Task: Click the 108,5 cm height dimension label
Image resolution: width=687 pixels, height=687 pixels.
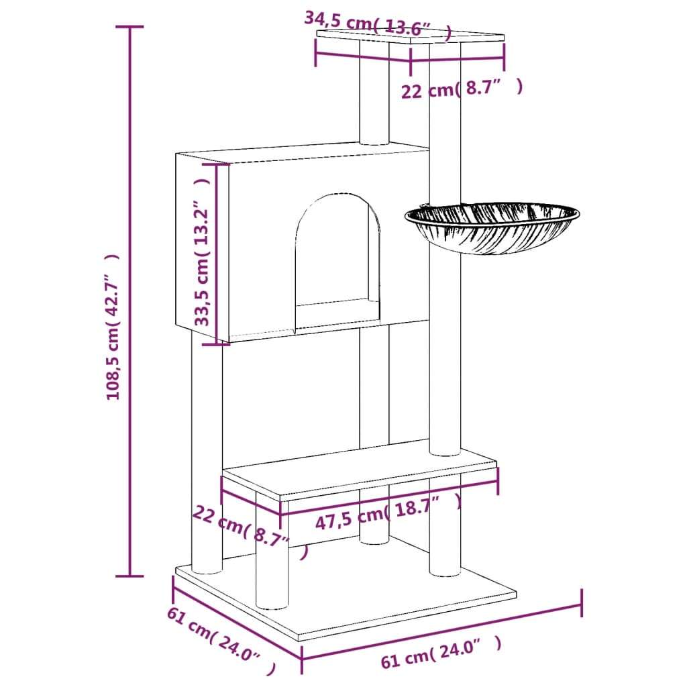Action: (113, 327)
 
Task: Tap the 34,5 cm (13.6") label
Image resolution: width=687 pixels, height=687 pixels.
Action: (377, 25)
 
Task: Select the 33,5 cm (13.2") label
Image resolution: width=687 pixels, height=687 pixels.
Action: (202, 252)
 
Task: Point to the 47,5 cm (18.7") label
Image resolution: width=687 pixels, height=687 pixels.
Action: (388, 512)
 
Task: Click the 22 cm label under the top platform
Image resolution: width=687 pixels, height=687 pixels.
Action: (462, 89)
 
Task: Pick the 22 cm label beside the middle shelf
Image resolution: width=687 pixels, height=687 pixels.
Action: (250, 531)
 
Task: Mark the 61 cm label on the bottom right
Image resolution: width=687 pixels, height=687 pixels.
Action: (441, 652)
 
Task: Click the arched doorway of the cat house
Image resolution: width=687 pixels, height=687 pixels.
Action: (337, 261)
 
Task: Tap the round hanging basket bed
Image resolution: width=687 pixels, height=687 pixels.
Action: (492, 227)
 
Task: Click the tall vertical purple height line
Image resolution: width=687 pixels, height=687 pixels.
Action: (129, 301)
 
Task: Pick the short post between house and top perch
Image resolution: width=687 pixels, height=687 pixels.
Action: (374, 93)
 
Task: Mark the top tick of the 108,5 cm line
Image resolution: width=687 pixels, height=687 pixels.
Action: (129, 27)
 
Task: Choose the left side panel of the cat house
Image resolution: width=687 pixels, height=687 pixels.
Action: (202, 248)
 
